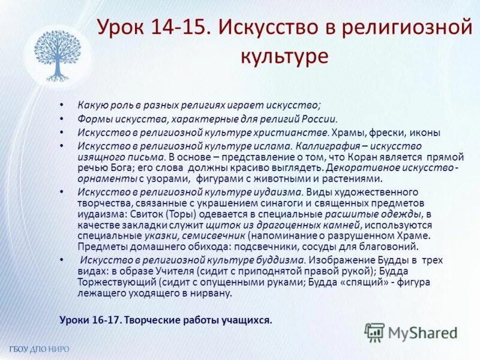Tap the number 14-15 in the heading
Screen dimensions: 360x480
tap(176, 27)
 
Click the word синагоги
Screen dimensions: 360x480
tap(227, 203)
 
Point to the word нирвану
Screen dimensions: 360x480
tap(210, 293)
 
